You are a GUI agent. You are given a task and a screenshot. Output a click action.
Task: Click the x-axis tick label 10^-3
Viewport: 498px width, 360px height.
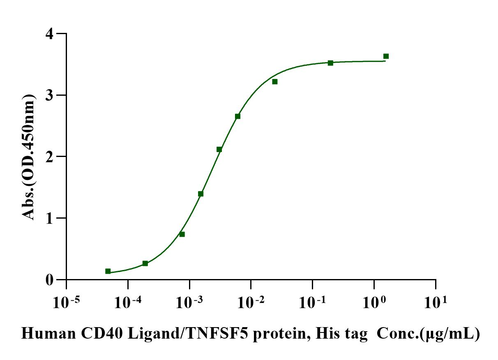189,303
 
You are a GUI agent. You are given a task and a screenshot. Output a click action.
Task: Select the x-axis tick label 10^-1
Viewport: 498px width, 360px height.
312,303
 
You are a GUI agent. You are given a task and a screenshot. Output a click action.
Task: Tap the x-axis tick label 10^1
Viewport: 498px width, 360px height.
435,303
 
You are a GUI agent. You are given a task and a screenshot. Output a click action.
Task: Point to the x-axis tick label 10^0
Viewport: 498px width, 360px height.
373,303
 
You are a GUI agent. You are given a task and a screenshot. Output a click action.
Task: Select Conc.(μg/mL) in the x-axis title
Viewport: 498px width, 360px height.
428,334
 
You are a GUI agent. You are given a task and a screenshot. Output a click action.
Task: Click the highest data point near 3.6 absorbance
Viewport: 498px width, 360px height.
386,56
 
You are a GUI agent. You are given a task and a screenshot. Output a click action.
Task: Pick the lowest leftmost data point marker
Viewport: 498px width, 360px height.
108,271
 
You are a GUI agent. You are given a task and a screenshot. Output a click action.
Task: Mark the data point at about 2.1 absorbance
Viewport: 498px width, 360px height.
219,149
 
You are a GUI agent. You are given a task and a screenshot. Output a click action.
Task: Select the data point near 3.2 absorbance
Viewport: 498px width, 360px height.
274,81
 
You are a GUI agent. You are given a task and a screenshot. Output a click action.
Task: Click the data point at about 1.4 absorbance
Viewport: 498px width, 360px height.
201,194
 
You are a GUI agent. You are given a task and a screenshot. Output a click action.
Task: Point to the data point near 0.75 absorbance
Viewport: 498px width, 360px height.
182,234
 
